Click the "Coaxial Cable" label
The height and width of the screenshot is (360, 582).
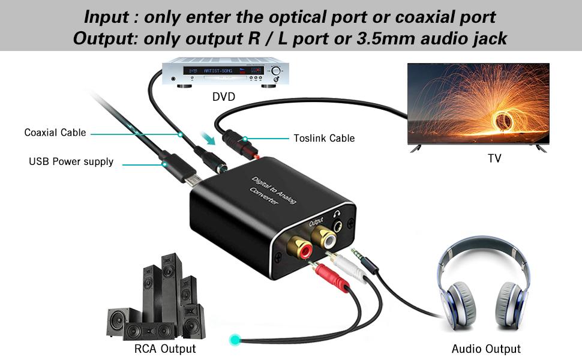(x=55, y=133)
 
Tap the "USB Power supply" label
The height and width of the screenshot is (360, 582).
(x=71, y=161)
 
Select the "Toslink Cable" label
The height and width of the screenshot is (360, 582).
(x=324, y=138)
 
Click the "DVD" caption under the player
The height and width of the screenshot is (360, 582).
(x=224, y=96)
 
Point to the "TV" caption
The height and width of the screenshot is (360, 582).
(x=494, y=158)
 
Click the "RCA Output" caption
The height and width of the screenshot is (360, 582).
(x=165, y=349)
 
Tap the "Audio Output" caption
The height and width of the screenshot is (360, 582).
(x=486, y=349)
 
